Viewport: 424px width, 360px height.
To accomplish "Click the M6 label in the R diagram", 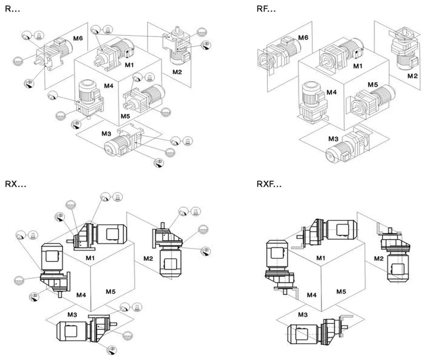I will click(x=77, y=39).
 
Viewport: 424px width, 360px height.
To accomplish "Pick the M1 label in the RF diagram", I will click(x=358, y=66).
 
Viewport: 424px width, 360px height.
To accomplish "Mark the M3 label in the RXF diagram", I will click(x=303, y=314).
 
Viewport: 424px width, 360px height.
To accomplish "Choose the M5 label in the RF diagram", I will click(x=373, y=85).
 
